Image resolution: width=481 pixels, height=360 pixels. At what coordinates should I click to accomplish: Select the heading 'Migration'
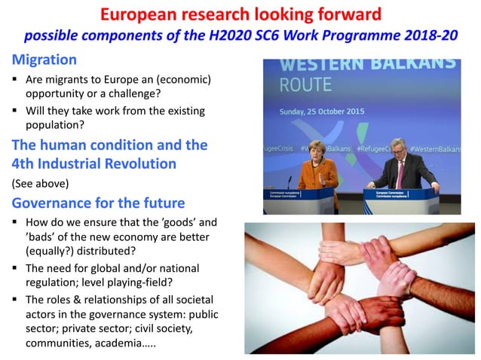coord(43,59)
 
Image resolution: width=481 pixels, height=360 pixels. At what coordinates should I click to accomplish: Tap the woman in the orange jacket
coord(317,165)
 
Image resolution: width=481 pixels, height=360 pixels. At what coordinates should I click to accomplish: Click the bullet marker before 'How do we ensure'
coord(16,223)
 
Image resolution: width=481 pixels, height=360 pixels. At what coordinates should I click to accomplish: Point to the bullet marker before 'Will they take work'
coord(16,111)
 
